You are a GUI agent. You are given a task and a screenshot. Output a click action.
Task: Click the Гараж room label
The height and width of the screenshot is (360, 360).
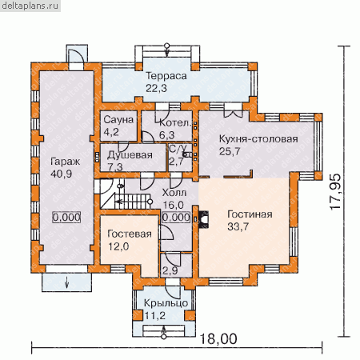66,162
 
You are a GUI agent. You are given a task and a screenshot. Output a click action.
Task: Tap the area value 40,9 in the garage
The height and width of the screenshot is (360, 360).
62,174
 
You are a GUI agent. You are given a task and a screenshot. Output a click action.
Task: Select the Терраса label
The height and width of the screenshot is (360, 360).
166,76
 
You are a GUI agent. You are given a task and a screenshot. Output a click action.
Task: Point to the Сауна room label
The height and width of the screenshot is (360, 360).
118,120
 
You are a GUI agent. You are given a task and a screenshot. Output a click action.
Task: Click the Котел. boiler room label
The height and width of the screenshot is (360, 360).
175,123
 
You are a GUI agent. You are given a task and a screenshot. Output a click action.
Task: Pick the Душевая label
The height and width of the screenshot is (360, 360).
130,155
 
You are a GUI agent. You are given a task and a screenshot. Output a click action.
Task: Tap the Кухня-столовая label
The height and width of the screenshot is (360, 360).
258,139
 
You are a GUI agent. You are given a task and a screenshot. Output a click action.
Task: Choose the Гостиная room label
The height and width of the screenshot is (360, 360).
250,214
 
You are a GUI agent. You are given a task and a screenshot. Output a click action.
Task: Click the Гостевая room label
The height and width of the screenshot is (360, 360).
130,234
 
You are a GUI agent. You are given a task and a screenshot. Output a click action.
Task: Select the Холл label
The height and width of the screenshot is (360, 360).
174,193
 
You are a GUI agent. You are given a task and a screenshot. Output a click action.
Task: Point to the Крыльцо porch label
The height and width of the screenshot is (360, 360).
166,303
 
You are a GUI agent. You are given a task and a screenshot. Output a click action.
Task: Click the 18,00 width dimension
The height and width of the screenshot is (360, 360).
218,339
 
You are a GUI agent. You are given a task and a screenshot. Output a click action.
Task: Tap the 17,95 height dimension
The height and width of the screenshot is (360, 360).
335,192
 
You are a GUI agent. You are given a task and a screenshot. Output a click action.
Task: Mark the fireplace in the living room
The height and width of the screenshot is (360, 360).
202,219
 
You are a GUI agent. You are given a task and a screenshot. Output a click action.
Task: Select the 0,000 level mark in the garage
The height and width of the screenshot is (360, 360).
66,218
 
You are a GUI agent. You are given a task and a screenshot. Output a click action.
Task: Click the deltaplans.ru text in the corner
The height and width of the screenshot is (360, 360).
30,6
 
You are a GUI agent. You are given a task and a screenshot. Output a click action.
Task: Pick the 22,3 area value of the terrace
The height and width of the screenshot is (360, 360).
156,88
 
